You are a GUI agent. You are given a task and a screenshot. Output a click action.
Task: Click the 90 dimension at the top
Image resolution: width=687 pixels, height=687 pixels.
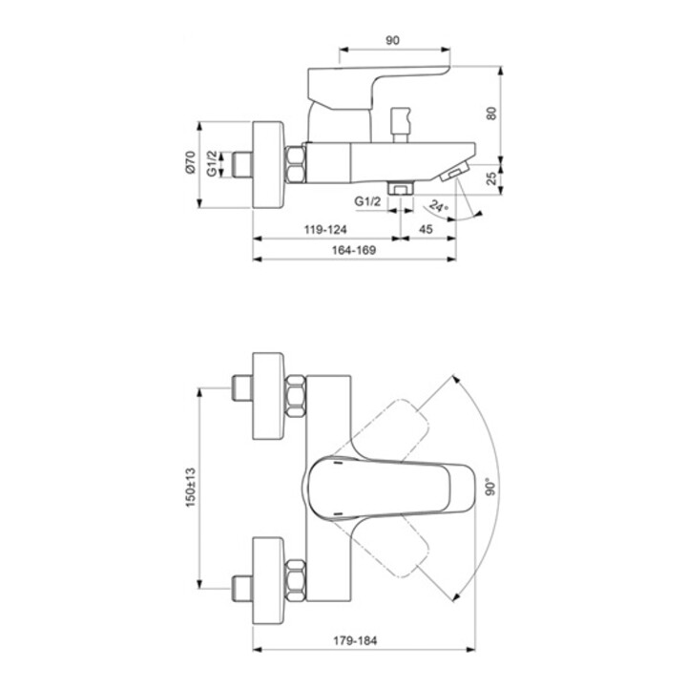(x=392, y=40)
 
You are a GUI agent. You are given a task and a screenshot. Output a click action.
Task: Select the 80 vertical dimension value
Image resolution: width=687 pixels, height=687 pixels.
(x=491, y=113)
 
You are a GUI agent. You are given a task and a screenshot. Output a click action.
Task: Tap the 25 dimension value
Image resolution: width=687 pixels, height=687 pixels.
(x=491, y=178)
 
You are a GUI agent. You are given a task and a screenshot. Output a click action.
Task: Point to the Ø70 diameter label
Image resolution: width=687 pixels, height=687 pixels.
(x=190, y=162)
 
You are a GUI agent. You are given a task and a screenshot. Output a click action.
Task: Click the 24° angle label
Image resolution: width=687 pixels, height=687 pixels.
(x=439, y=205)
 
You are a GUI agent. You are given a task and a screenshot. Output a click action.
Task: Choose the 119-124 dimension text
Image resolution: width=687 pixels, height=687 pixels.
(x=325, y=229)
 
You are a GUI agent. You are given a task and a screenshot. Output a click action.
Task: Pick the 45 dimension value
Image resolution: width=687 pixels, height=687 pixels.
(x=426, y=229)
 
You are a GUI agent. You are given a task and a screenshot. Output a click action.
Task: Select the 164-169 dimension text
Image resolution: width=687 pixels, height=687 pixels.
(x=354, y=250)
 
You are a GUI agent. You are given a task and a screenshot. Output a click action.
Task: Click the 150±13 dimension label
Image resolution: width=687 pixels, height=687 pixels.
(x=190, y=488)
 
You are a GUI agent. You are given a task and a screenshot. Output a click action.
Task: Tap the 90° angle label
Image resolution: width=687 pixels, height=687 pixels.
(x=490, y=487)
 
